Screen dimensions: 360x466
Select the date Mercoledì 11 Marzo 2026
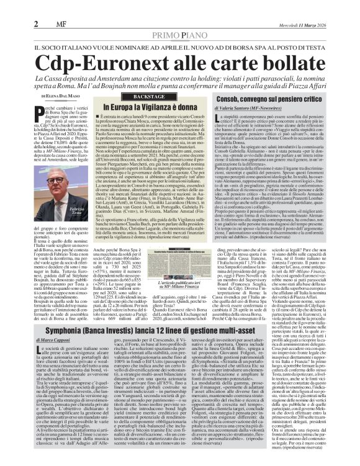tap(330, 7)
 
